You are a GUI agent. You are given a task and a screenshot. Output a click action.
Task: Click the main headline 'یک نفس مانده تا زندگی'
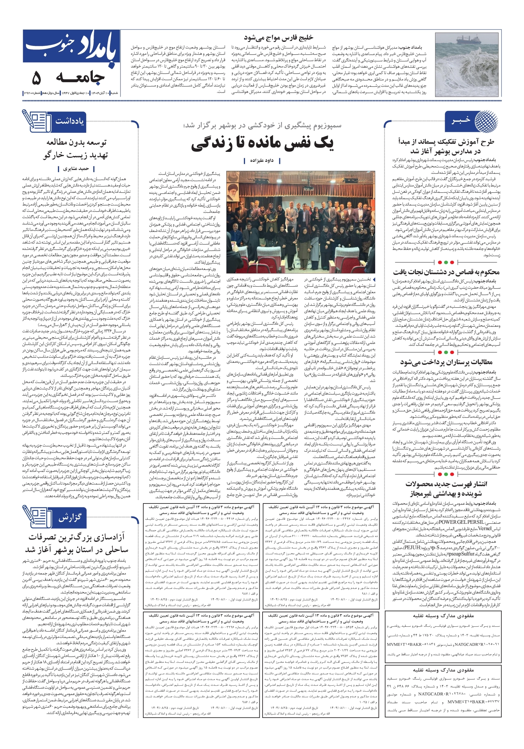(x=262, y=144)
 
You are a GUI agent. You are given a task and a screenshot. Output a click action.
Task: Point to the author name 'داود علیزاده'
(x=262, y=161)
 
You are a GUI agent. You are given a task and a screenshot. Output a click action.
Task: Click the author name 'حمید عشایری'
(x=76, y=169)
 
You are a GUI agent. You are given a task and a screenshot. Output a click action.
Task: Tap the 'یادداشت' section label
(x=70, y=121)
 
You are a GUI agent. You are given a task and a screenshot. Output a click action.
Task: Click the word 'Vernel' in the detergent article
(x=485, y=528)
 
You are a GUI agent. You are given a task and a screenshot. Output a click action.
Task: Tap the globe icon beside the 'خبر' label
(x=487, y=121)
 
